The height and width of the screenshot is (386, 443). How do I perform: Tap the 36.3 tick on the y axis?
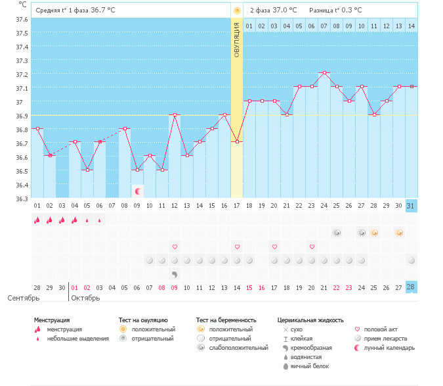click(22, 199)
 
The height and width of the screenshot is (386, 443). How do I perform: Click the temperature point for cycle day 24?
click(324, 73)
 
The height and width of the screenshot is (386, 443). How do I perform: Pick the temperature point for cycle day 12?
click(175, 114)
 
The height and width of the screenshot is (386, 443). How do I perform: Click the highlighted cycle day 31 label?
click(411, 206)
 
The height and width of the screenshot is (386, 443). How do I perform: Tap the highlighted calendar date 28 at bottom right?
click(411, 287)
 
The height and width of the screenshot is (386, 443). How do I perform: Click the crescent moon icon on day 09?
click(138, 191)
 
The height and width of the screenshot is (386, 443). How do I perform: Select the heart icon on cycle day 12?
click(175, 247)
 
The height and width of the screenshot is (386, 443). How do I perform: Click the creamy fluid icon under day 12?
click(175, 274)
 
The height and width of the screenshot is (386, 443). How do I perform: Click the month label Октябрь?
click(85, 298)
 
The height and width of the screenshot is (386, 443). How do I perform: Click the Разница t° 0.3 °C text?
click(335, 10)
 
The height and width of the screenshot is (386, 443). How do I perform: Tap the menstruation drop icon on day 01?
click(37, 220)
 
